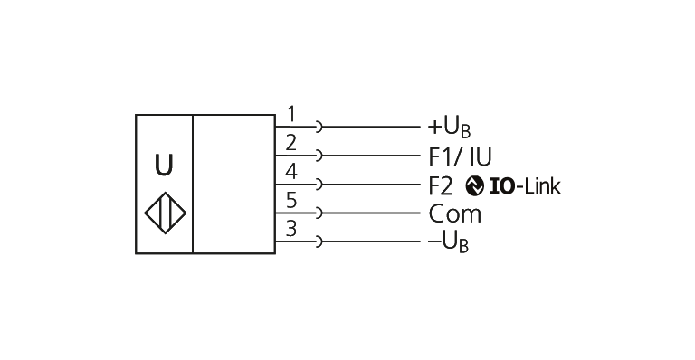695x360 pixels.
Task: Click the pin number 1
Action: click(290, 114)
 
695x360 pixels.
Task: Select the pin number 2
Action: click(290, 143)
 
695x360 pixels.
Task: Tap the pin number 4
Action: click(290, 172)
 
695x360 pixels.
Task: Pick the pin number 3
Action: click(290, 229)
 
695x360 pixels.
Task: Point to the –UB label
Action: click(447, 243)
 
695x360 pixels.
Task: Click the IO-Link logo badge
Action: click(512, 185)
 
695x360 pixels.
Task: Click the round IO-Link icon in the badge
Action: click(475, 185)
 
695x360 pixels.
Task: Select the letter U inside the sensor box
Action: click(163, 166)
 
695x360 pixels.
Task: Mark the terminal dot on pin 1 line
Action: click(318, 128)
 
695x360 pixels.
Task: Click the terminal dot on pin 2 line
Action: click(318, 156)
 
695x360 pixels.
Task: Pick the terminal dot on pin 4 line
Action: click(318, 185)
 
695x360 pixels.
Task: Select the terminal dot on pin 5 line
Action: click(318, 213)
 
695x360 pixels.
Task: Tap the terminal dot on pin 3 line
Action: click(318, 242)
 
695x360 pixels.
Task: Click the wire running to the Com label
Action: click(371, 213)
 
